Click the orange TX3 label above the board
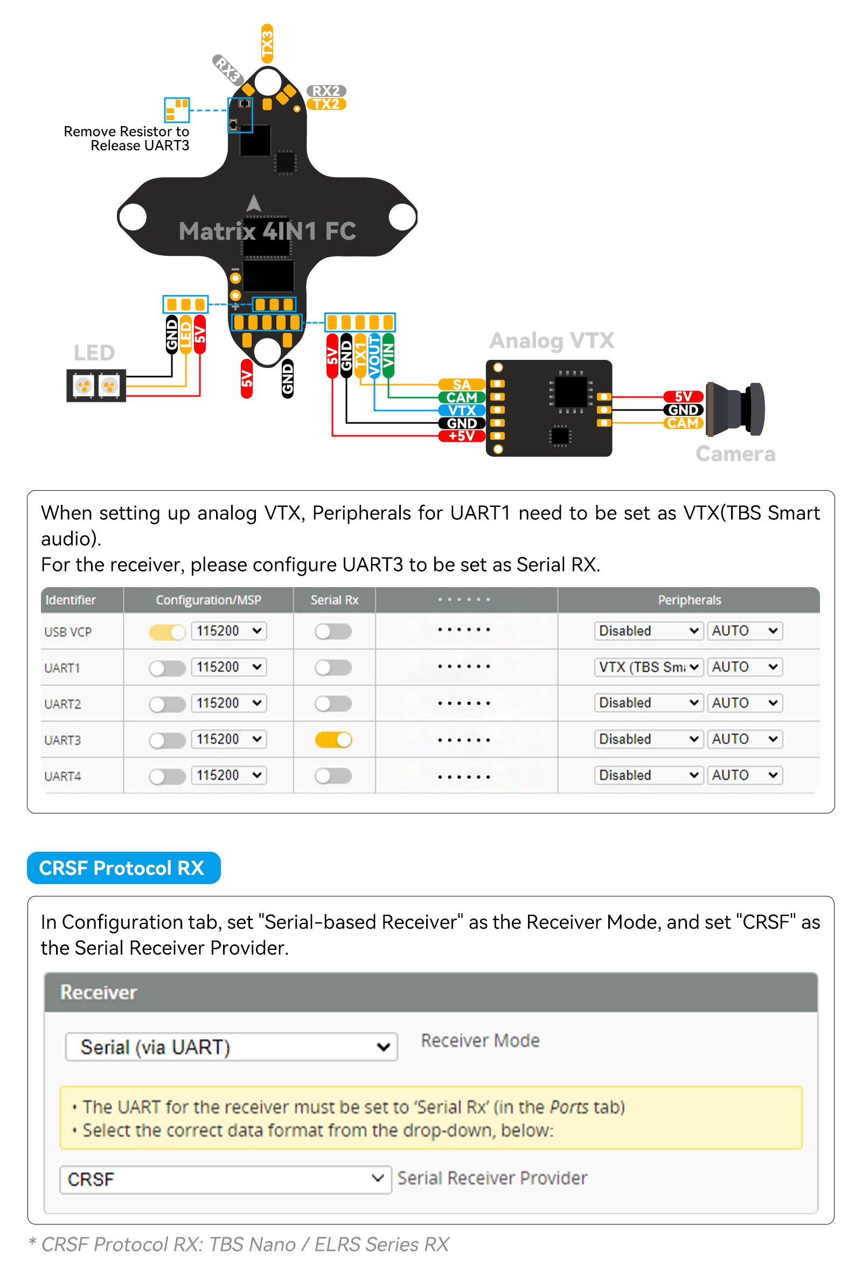[x=267, y=43]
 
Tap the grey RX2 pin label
[x=326, y=91]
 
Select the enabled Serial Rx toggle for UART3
[x=333, y=739]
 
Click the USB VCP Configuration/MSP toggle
[x=166, y=631]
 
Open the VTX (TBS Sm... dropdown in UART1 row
[x=648, y=667]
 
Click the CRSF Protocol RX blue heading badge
[x=124, y=868]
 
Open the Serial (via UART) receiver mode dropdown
[x=231, y=1046]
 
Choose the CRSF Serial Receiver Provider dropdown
[x=225, y=1179]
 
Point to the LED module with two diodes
[x=96, y=386]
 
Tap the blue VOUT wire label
[x=374, y=356]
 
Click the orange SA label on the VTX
[x=461, y=385]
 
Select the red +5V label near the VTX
[x=461, y=436]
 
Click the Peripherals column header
[x=689, y=600]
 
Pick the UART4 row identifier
[x=62, y=776]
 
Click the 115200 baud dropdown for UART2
[x=229, y=702]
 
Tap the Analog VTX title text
[x=552, y=340]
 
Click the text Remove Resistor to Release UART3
[x=127, y=138]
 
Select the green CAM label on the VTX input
[x=461, y=398]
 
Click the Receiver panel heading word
[x=98, y=992]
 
